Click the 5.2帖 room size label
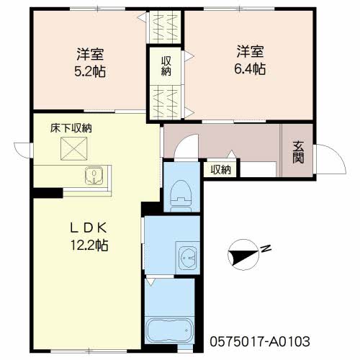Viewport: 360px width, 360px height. pos(90,71)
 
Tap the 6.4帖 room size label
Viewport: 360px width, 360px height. pos(250,69)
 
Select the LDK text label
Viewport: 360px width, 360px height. pos(89,228)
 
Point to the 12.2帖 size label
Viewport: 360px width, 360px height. pos(89,246)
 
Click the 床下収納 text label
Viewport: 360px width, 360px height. pos(71,128)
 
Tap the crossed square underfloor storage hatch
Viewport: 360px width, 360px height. pos(73,148)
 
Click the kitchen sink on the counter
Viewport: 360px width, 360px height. pos(94,176)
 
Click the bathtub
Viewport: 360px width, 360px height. pos(170,330)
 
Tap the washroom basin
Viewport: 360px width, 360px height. pos(189,258)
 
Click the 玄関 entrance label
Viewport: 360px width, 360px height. pos(298,152)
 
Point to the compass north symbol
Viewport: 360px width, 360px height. pos(243,255)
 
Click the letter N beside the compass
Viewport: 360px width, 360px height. pos(266,248)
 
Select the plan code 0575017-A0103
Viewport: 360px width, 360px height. pos(260,341)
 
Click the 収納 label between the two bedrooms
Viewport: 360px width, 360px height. pos(166,66)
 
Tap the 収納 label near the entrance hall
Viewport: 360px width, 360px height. pos(221,170)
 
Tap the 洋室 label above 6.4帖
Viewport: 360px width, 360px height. pos(250,52)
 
